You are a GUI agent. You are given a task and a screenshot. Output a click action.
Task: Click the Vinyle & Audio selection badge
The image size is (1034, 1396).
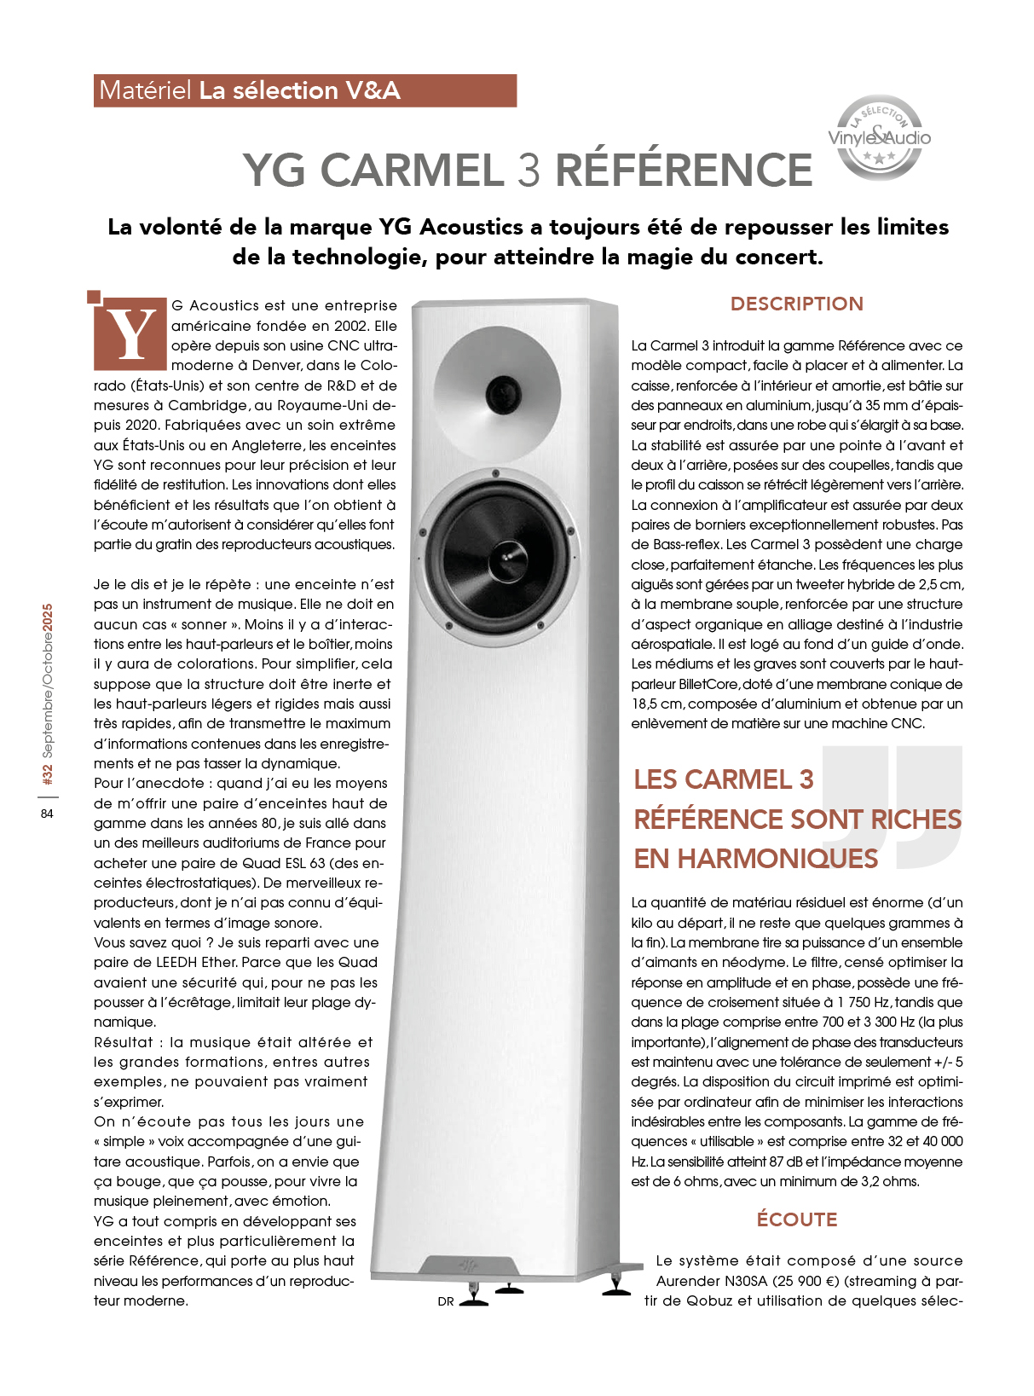[x=879, y=137]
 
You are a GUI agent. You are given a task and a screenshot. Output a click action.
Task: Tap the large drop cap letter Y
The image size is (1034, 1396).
[x=130, y=334]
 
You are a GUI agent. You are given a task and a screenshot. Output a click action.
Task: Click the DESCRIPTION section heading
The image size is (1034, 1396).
[x=796, y=304]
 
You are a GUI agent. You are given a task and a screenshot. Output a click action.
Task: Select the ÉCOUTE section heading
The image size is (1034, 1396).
[x=796, y=1219]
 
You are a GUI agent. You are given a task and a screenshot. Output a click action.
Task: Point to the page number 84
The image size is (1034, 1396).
[x=47, y=814]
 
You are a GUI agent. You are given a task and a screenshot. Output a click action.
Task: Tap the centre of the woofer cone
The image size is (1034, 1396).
[x=506, y=557]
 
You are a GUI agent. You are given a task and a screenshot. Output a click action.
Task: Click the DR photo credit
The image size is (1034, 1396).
[x=446, y=1301]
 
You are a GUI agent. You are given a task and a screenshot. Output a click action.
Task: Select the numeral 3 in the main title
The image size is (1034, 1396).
[x=529, y=170]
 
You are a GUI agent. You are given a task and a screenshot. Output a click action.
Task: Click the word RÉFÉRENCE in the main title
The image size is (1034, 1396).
[x=684, y=170]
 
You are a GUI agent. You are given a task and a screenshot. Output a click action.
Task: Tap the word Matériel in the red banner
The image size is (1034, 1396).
[x=145, y=90]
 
